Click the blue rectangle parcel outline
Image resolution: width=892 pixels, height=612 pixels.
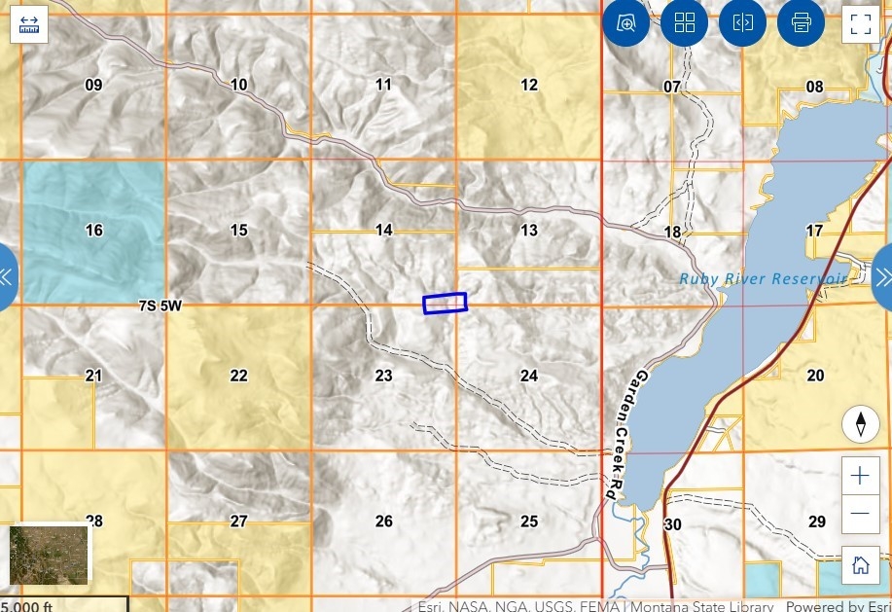click(x=445, y=304)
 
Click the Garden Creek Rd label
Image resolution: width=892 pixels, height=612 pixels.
click(x=625, y=435)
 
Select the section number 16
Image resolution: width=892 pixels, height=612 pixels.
click(x=93, y=231)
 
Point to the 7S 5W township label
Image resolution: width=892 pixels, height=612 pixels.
click(x=161, y=306)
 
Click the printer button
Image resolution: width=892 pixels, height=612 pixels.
click(x=801, y=22)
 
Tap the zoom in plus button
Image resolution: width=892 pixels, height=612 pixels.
click(x=860, y=476)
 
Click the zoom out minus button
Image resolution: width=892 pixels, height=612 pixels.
click(x=860, y=513)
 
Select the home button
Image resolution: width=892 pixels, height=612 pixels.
click(x=860, y=565)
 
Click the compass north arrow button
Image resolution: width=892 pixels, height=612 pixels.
click(x=860, y=424)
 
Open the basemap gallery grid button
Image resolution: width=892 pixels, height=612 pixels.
click(x=684, y=22)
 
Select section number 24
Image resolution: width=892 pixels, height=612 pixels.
click(x=528, y=377)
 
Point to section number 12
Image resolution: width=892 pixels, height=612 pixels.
click(x=528, y=86)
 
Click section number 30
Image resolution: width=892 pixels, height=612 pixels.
click(x=672, y=525)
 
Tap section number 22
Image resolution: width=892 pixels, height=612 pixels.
click(x=238, y=377)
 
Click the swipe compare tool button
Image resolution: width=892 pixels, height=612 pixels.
click(x=742, y=22)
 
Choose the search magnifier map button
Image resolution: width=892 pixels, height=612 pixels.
click(x=625, y=22)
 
